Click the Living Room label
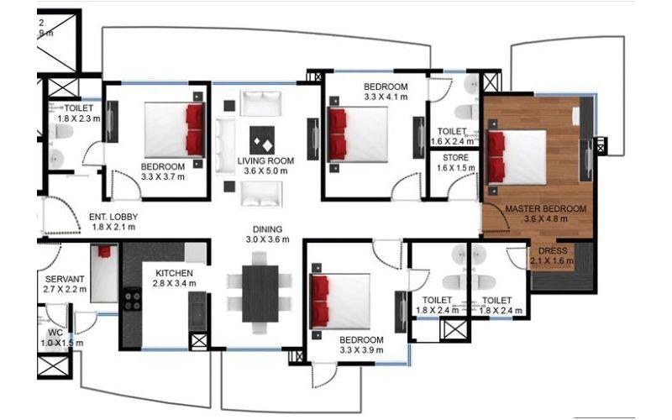coord(263,160)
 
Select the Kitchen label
coord(175,274)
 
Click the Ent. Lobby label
coord(113,217)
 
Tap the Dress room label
coord(552,251)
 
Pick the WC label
coord(55,333)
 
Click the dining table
coord(260,293)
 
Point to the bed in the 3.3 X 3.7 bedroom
coord(173,129)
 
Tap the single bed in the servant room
coord(103,272)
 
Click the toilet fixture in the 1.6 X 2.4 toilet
coord(465,113)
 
